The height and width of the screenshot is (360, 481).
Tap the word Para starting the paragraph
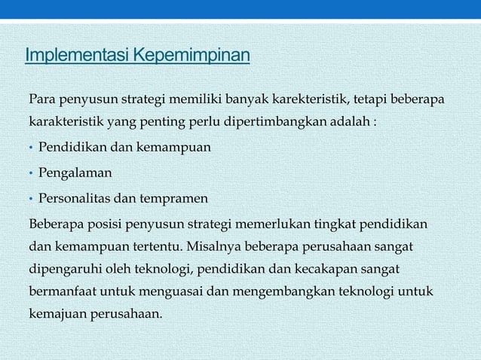pyautogui.click(x=41, y=99)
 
